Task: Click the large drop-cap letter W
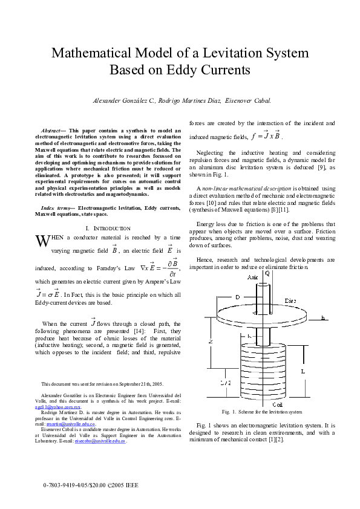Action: pos(41,241)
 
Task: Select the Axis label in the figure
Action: pos(253,276)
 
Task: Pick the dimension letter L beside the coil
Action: pos(303,371)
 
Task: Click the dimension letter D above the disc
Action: pos(238,297)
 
